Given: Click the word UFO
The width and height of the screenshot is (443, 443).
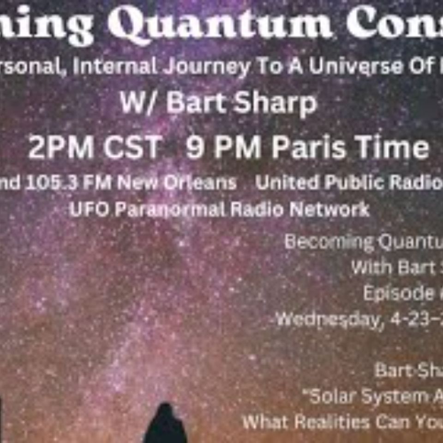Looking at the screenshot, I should pyautogui.click(x=89, y=210).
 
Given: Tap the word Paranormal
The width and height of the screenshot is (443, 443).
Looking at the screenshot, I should pyautogui.click(x=170, y=210).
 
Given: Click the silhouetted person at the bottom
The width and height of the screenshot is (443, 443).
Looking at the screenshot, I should pyautogui.click(x=165, y=425).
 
